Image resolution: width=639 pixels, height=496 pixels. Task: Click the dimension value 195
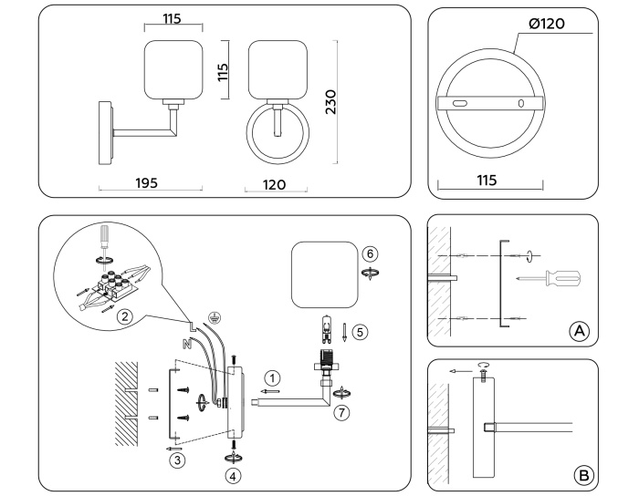click(x=145, y=182)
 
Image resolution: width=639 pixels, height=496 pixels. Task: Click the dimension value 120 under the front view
click(x=274, y=184)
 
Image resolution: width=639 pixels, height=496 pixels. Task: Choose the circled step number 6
click(x=370, y=253)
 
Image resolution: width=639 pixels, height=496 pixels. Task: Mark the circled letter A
click(x=577, y=331)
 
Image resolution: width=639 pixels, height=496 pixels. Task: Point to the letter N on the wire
click(x=186, y=346)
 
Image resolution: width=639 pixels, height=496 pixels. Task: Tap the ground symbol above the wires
click(x=213, y=317)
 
